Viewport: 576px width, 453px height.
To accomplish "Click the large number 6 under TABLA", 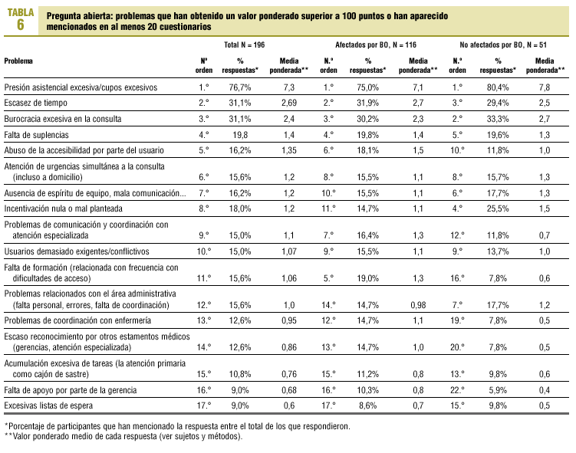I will point(20,25).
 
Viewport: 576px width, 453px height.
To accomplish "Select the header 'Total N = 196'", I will point(244,45).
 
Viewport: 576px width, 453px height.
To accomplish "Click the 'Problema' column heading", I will point(19,60).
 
